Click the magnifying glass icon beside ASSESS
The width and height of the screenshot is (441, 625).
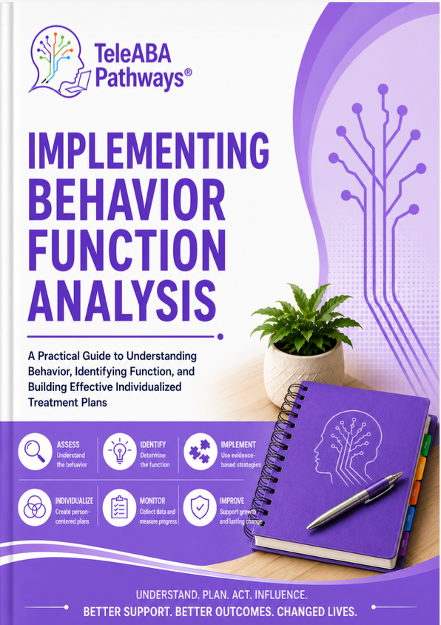coord(35,451)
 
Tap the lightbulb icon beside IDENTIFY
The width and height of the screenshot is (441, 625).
coord(120,451)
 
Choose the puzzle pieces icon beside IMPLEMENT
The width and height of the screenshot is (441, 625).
coord(200,451)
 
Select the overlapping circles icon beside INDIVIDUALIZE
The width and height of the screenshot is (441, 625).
coord(35,507)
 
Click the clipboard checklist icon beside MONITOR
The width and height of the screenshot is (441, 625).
coord(120,507)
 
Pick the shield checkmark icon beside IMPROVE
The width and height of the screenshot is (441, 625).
coord(200,507)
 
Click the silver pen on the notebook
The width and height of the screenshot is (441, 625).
coord(355,501)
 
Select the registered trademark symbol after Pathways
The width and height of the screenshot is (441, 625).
coord(189,72)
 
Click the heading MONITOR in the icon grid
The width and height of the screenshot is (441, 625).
coord(152,501)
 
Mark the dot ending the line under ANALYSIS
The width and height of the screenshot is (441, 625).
coord(220,337)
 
